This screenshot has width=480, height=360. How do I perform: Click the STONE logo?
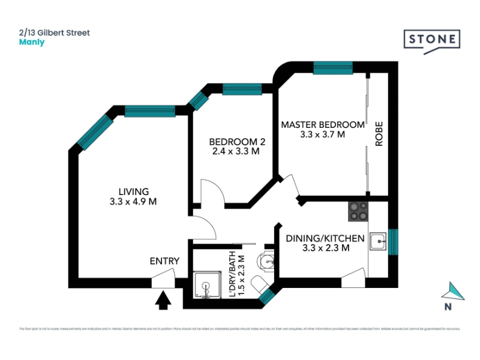[431, 40]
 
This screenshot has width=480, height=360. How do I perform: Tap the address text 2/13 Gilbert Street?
[55, 32]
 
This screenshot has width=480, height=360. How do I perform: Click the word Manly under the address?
[32, 43]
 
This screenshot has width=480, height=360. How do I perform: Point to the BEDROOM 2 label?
[237, 142]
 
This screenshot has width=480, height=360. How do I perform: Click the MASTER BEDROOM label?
[323, 125]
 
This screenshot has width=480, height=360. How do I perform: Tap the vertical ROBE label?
[379, 134]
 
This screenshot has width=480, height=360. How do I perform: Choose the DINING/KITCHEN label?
[325, 238]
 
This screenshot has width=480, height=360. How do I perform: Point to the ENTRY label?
[164, 260]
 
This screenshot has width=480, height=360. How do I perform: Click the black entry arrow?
[163, 299]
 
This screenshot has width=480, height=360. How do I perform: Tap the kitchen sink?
[378, 242]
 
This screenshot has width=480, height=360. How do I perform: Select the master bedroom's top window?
[333, 68]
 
